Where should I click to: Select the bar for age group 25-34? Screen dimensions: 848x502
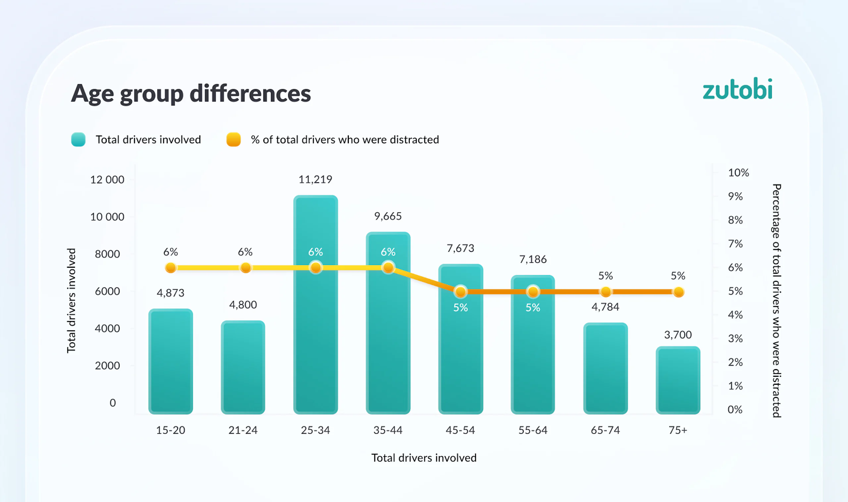tap(315, 305)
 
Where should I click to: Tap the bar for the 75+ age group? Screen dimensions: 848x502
tap(678, 380)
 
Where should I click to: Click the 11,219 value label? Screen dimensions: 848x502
tap(315, 179)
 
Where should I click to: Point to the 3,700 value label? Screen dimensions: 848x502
tap(678, 335)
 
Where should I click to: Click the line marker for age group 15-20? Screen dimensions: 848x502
tap(171, 268)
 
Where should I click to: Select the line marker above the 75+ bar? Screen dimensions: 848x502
tap(678, 292)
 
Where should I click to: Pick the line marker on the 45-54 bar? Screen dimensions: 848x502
tap(460, 292)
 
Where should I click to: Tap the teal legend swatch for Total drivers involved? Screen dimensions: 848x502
tap(78, 139)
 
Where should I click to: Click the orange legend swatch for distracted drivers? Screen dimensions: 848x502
tap(233, 139)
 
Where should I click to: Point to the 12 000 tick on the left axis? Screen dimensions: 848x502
tap(107, 180)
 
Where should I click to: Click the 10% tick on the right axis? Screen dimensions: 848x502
tap(738, 173)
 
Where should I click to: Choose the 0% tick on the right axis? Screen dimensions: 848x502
tap(735, 410)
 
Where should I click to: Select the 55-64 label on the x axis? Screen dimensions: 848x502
tap(533, 430)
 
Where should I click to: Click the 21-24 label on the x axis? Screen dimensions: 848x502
tap(243, 430)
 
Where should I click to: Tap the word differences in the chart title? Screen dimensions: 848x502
tap(250, 93)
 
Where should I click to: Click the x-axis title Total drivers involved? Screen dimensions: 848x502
tap(424, 458)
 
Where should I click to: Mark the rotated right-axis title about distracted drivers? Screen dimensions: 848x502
tap(777, 301)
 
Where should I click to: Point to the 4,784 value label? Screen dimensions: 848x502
tap(605, 307)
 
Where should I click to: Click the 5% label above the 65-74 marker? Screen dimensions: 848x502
tap(606, 276)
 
